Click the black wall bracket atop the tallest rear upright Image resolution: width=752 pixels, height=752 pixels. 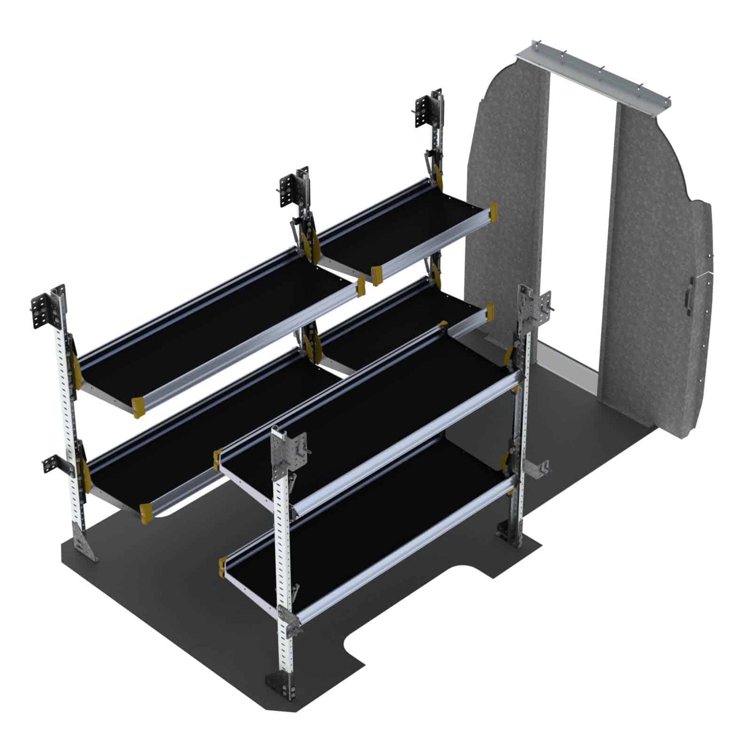pyautogui.click(x=423, y=112)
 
